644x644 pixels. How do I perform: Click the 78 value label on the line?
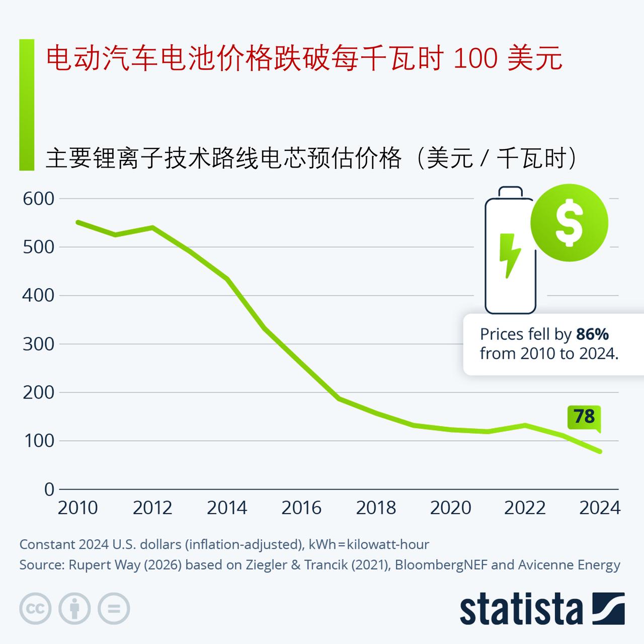[585, 417]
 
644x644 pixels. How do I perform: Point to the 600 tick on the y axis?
[38, 199]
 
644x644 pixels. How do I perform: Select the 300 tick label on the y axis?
[38, 344]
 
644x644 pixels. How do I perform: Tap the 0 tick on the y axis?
[49, 489]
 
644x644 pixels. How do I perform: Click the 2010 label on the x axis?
[77, 508]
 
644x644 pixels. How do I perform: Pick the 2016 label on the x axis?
[301, 508]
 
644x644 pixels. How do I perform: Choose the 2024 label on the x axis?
[600, 508]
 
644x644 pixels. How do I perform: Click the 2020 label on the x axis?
[450, 508]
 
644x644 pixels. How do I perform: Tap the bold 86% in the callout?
[593, 334]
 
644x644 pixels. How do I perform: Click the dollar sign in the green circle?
[569, 222]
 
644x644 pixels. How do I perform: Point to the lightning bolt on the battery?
[510, 256]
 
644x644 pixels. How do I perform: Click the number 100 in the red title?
[475, 59]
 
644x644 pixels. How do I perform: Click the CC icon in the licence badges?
[35, 609]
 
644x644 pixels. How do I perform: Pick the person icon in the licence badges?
[74, 609]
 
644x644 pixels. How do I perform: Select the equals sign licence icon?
[114, 609]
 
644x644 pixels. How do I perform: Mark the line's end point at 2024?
[600, 451]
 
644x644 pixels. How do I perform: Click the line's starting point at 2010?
[78, 222]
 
